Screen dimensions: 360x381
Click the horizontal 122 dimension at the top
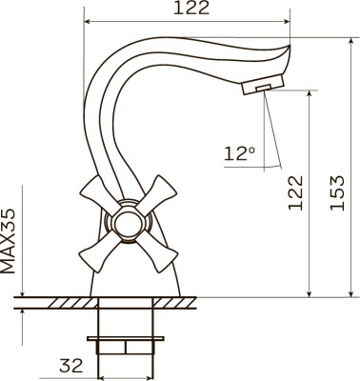tap(191, 9)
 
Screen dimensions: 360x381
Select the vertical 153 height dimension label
tap(337, 192)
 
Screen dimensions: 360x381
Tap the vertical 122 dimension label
tap(295, 192)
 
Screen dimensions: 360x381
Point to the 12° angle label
tap(239, 153)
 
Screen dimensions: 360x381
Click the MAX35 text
tap(9, 241)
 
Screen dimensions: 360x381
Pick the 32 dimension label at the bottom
tap(71, 366)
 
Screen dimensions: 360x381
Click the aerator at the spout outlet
tap(263, 84)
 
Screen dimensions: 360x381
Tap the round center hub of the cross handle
tap(128, 222)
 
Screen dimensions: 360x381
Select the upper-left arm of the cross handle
tap(97, 195)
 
